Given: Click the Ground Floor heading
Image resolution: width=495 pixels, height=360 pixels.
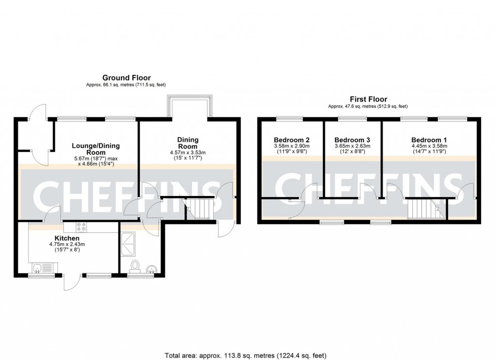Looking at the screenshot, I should [x=126, y=77].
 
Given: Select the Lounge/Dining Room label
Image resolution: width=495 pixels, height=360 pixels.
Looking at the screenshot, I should [x=96, y=149].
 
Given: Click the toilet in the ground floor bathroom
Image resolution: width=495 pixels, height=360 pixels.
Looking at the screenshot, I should [x=135, y=266].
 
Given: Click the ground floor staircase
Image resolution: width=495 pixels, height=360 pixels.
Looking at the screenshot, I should [x=199, y=209].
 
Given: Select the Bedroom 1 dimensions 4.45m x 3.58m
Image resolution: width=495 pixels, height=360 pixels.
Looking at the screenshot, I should [x=429, y=146].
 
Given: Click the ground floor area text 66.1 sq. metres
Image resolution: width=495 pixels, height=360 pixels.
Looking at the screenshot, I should [x=126, y=85].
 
